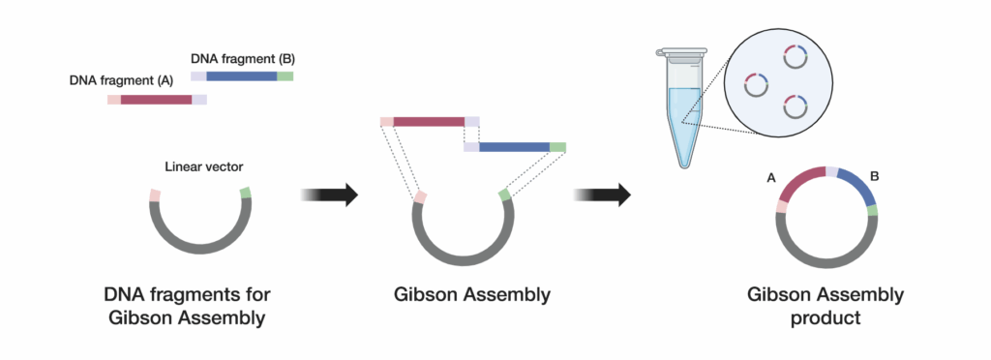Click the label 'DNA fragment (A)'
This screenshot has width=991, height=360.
[x=121, y=81]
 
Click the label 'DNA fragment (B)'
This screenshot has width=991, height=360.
[x=242, y=59]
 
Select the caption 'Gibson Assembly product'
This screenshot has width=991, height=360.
[x=826, y=306]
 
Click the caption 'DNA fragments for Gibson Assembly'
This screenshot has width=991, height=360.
[x=184, y=306]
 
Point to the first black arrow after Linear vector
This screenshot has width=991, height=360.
[x=330, y=195]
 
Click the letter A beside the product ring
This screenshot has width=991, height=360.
[x=771, y=178]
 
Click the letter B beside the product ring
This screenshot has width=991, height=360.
[x=874, y=178]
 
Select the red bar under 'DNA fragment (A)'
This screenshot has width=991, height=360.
[x=156, y=99]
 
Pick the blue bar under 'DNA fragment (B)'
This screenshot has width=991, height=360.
[x=241, y=75]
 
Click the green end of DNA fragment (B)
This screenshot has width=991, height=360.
[x=285, y=75]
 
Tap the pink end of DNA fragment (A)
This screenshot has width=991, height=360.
[x=113, y=99]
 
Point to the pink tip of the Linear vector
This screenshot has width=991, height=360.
[x=155, y=195]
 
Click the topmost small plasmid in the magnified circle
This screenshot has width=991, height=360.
[x=795, y=57]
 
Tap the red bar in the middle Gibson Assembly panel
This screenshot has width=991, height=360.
[x=429, y=122]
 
